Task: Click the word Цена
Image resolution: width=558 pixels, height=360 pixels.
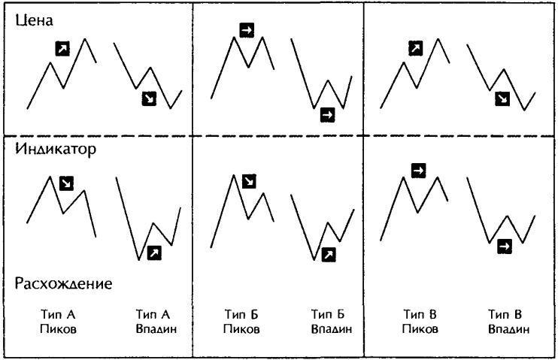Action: tap(34, 20)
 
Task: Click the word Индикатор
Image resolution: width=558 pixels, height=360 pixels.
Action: tap(56, 149)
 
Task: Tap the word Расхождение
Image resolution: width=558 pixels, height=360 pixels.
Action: tap(63, 284)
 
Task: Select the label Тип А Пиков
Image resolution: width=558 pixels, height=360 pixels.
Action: tap(58, 322)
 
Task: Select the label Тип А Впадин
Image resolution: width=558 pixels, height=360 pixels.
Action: tap(156, 322)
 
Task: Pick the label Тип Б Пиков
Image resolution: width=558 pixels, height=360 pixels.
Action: tap(241, 322)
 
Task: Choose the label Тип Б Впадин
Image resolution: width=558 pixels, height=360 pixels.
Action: tap(332, 322)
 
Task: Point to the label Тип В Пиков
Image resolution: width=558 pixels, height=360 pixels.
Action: tap(420, 322)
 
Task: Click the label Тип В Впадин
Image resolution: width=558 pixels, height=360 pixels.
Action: tap(508, 322)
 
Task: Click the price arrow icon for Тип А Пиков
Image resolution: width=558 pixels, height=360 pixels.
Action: tap(62, 49)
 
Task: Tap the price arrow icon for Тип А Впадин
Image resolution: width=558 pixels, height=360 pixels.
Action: tap(149, 99)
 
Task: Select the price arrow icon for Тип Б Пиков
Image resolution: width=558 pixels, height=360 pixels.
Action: tap(247, 30)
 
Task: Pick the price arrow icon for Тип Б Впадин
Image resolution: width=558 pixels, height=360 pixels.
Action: tap(327, 115)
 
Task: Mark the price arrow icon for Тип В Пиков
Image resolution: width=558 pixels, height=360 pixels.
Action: tap(416, 48)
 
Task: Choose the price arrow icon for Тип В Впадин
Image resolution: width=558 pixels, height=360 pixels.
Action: tap(502, 99)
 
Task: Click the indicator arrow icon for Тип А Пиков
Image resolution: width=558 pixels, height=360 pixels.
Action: tap(66, 183)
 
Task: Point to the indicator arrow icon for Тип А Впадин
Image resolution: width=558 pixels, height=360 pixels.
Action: tap(154, 253)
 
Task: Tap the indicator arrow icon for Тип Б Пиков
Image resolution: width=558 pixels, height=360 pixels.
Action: tap(249, 181)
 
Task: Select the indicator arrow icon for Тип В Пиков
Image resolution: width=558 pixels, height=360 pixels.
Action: tap(418, 171)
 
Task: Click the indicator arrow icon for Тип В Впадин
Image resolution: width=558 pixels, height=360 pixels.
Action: tap(505, 247)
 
